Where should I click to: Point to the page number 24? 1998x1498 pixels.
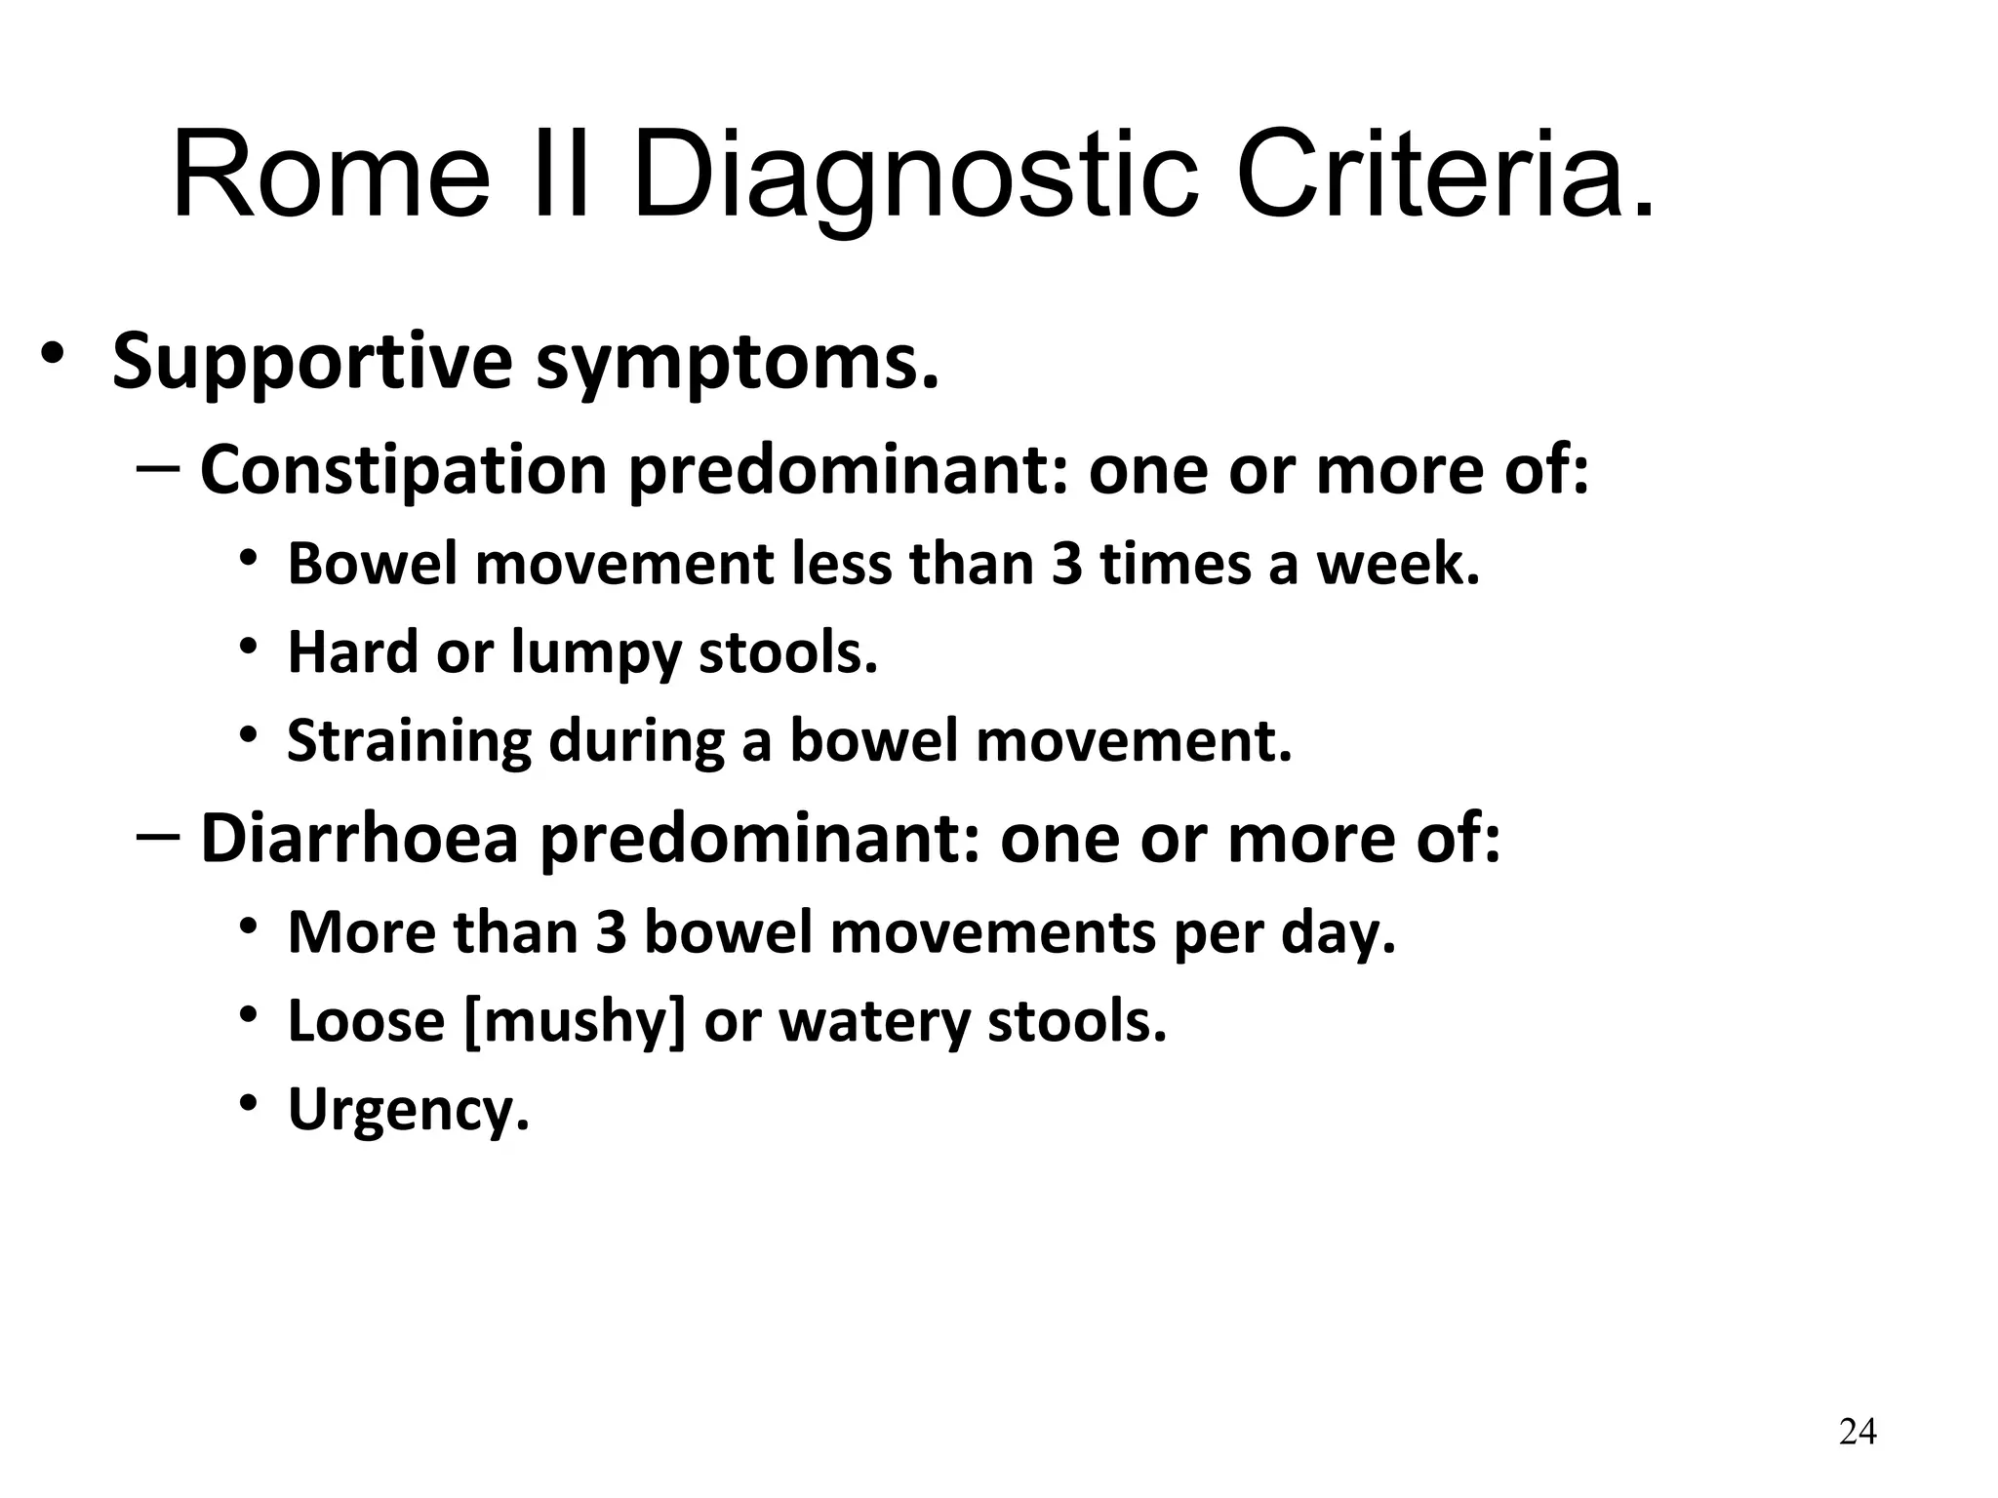1857,1432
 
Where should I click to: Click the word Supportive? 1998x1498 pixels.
312,362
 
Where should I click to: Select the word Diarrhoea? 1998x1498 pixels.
359,839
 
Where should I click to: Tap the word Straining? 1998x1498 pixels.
409,740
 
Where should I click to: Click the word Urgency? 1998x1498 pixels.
408,1110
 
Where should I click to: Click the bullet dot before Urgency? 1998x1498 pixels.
249,1102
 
